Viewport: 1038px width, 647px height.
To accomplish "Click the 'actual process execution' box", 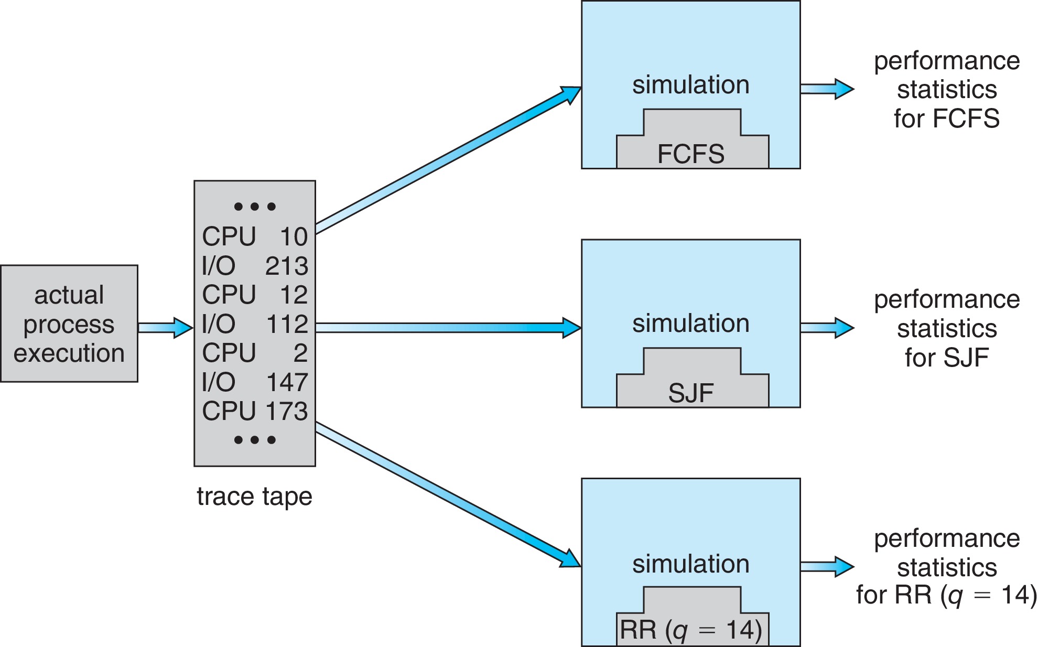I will tap(69, 324).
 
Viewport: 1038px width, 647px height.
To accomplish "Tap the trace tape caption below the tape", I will tap(254, 496).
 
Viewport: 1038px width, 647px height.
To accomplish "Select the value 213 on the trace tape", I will tap(287, 266).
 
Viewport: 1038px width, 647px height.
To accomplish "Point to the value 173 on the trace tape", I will tap(287, 412).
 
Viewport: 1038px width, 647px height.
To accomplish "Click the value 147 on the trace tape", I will tap(287, 382).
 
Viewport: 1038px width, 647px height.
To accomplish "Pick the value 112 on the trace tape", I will tap(287, 325).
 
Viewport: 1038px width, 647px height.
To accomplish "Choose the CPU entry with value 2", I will tap(255, 353).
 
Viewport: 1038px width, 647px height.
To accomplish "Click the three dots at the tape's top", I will tap(255, 207).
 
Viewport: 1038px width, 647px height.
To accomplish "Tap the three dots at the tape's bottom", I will tap(255, 440).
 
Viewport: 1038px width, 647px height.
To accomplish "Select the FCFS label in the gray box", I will tap(691, 154).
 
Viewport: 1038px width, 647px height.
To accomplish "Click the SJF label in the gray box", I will tap(691, 393).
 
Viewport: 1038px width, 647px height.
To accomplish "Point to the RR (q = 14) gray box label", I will tap(691, 630).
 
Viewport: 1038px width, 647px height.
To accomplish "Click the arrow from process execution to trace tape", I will tap(166, 328).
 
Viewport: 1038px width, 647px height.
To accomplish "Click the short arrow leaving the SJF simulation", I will tap(827, 328).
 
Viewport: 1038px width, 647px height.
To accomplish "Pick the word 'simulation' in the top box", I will tap(691, 85).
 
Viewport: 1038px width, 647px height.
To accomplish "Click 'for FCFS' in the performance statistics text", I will tap(947, 118).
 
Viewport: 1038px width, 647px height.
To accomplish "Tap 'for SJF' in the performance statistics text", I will tap(947, 358).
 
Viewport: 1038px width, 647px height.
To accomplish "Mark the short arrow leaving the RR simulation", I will tap(827, 566).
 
